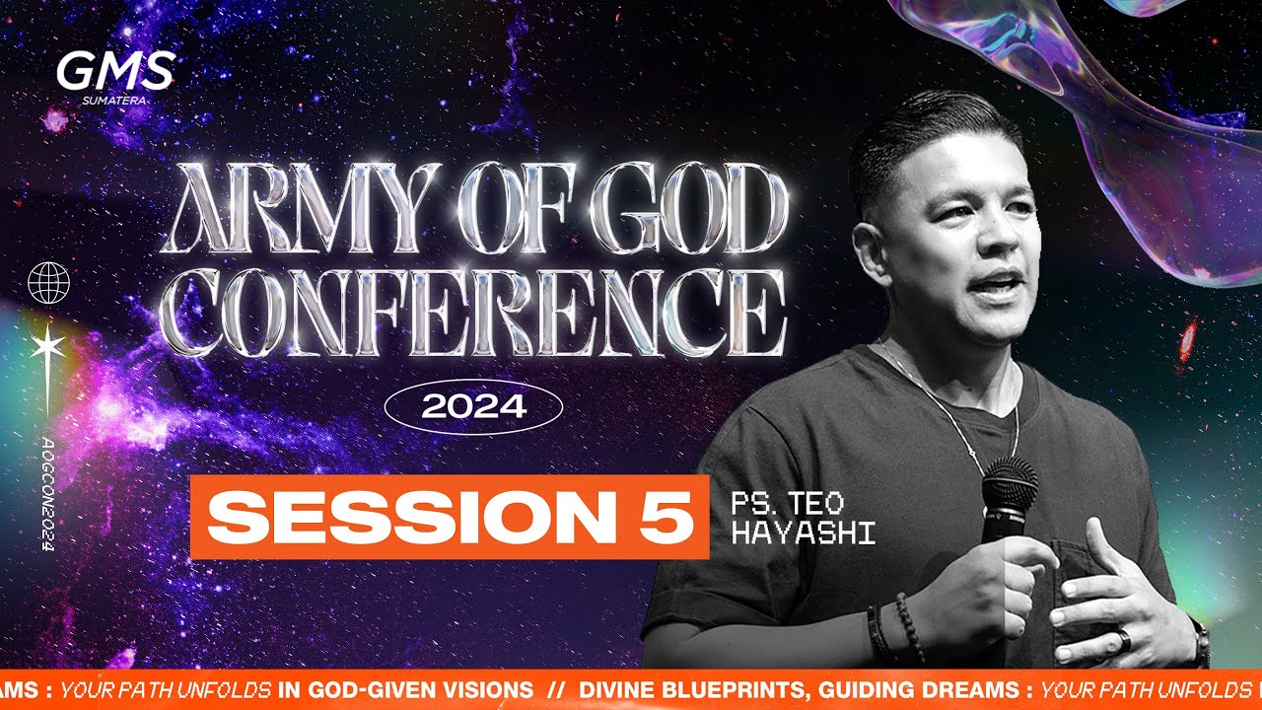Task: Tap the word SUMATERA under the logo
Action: [x=115, y=99]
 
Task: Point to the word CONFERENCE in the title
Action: [x=471, y=316]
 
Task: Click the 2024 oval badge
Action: [x=473, y=406]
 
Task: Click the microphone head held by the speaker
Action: [x=1009, y=482]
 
